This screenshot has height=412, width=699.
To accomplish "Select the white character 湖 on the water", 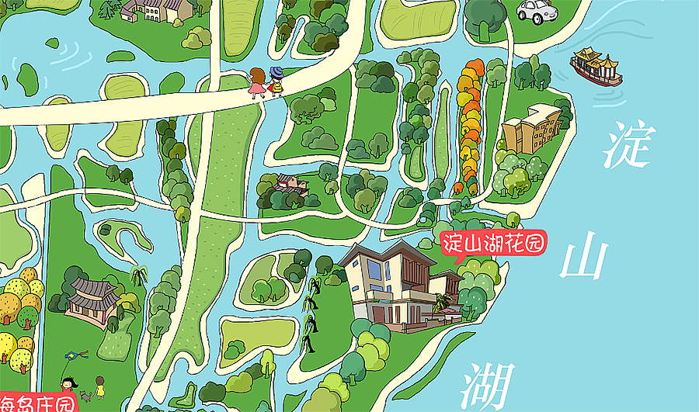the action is click(x=489, y=386).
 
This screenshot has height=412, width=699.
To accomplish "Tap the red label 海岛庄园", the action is click(x=35, y=403).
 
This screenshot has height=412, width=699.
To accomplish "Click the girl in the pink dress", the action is click(x=256, y=82).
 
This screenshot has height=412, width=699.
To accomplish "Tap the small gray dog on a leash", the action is click(x=85, y=396).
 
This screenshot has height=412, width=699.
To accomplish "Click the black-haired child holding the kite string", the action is click(x=68, y=386).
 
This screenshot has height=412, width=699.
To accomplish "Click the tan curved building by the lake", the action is click(x=533, y=128).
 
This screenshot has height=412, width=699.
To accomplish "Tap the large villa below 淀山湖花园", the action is click(x=396, y=283).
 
